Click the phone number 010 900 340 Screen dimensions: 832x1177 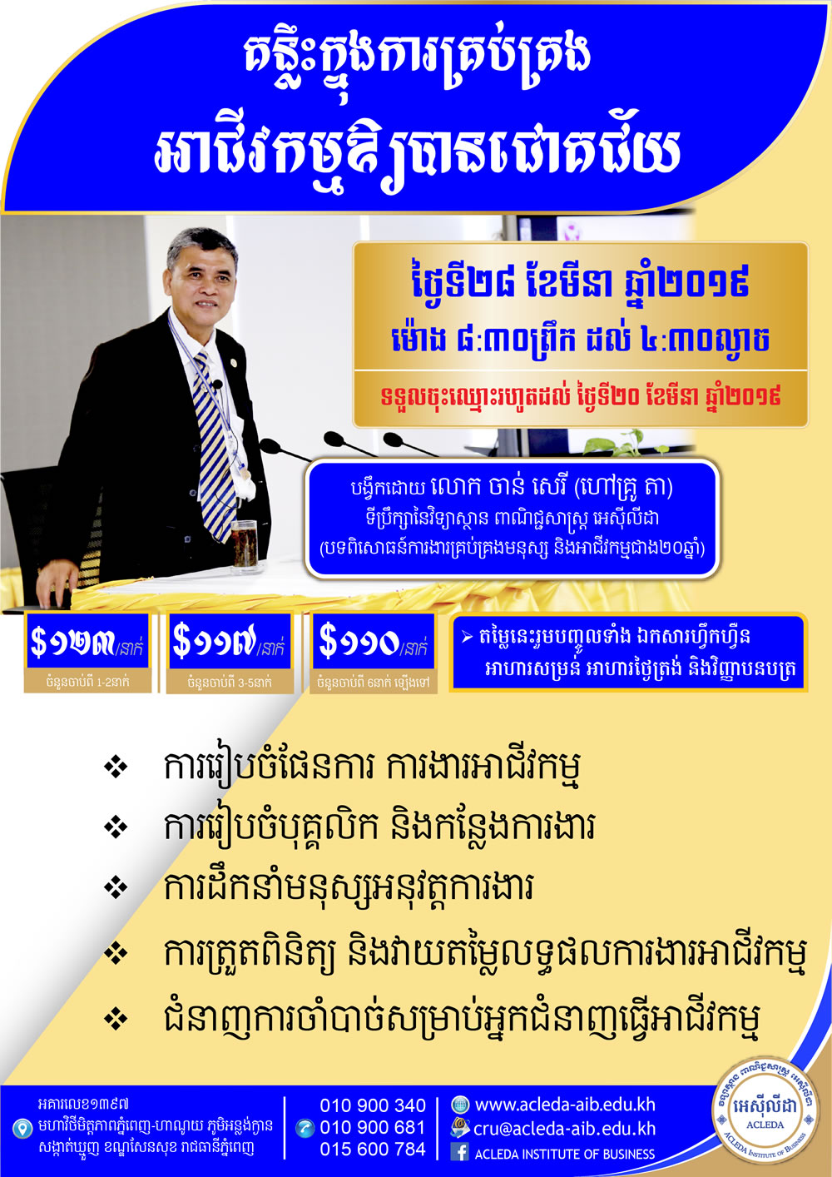(373, 1105)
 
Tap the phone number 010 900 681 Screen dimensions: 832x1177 (373, 1127)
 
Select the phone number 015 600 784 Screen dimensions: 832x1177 (373, 1150)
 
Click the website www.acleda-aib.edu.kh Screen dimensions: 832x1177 (565, 1105)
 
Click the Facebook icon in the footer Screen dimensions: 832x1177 (459, 1152)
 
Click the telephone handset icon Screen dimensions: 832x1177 (305, 1128)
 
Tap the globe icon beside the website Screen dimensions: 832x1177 (460, 1105)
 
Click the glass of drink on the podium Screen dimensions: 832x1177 (244, 546)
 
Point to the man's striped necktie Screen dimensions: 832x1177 (215, 447)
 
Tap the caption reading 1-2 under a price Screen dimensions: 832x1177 (87, 683)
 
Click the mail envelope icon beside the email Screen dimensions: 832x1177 (459, 1128)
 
